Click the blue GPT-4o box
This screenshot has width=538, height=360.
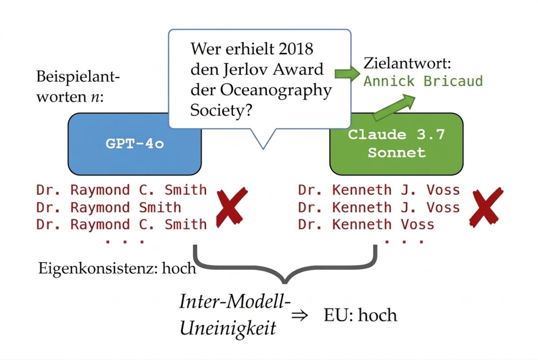pos(135,144)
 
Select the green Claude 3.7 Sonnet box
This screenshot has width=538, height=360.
pos(396,144)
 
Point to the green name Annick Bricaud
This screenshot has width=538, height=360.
pos(423,81)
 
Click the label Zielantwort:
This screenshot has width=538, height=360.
pos(407,63)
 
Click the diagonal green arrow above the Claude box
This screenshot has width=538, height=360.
pos(394,107)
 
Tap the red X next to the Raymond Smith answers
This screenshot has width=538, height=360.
pos(232,207)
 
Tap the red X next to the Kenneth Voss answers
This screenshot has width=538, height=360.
pos(486,207)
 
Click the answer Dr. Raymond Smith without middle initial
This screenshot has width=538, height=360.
pos(108,208)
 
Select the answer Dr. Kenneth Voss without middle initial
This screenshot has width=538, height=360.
pos(366,225)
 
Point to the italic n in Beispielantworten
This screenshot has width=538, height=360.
pos(95,97)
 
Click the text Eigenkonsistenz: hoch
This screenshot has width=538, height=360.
pos(117,269)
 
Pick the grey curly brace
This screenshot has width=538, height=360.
pos(285,264)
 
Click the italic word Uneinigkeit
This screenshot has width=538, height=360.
pos(228,328)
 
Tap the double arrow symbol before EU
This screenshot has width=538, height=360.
pos(299,315)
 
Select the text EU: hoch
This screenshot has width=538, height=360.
pos(360,315)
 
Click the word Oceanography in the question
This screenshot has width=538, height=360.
pos(276,91)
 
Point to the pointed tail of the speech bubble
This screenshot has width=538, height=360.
pos(263,149)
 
